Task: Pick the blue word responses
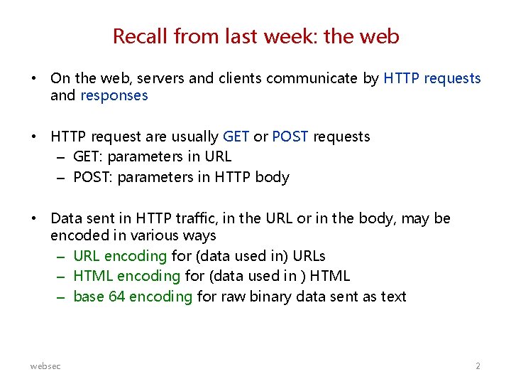114,95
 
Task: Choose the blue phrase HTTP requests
432,78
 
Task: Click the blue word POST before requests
290,137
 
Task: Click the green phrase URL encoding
120,255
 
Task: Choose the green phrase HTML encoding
126,276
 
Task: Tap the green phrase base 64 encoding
132,297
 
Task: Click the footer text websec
45,366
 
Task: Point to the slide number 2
478,366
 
